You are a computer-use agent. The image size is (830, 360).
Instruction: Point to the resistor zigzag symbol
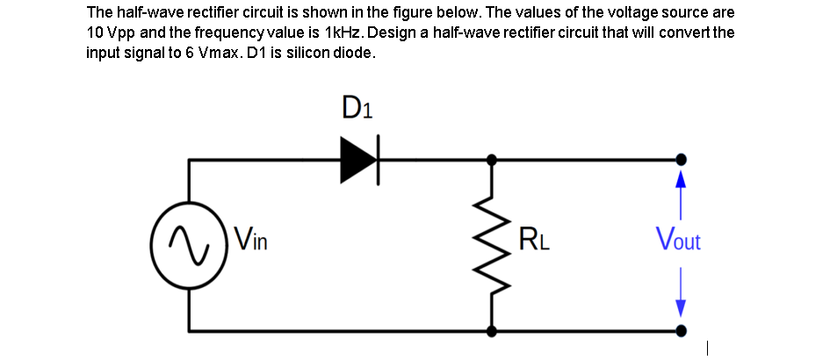tap(490, 246)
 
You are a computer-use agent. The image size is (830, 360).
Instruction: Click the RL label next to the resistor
tap(535, 239)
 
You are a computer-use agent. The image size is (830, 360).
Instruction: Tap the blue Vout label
tap(679, 239)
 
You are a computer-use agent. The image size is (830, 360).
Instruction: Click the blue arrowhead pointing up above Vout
tap(680, 178)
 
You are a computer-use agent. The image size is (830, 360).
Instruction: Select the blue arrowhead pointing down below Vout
tap(680, 307)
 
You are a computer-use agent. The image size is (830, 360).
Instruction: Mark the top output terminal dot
tap(680, 160)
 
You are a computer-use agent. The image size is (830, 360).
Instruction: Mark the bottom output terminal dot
tap(680, 332)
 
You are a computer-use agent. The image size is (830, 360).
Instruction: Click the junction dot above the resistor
tap(490, 160)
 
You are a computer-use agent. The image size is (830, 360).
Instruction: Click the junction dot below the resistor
tap(490, 332)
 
